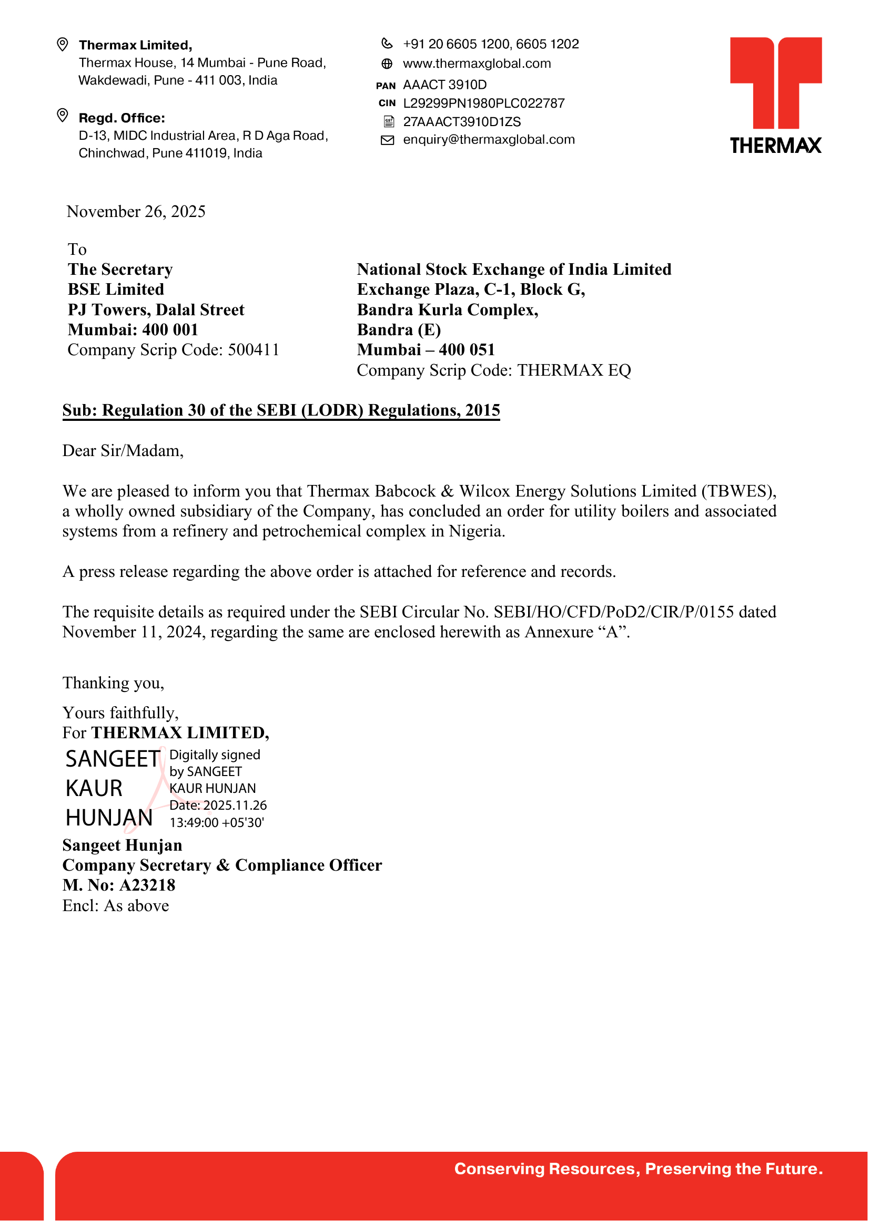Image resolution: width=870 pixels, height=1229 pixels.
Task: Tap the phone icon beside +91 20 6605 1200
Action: [x=387, y=44]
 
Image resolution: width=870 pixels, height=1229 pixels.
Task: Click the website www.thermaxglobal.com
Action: [x=476, y=64]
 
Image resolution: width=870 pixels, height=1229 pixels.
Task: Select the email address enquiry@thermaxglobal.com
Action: [x=489, y=140]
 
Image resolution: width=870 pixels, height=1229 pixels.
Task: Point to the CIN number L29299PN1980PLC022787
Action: [x=484, y=104]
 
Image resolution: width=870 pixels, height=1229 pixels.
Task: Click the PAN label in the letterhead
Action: [x=386, y=86]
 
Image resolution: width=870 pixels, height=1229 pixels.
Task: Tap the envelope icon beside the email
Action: [x=387, y=140]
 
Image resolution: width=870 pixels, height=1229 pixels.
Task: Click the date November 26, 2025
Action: [x=136, y=212]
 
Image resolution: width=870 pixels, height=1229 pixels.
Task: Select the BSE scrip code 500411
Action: [x=254, y=350]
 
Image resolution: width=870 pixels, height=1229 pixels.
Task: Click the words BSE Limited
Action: [x=116, y=290]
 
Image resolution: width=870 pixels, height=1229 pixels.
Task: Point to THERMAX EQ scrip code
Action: [x=574, y=370]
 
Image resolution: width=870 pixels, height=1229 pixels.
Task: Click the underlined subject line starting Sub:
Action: [x=281, y=410]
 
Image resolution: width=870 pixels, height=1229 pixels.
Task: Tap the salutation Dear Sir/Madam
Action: [x=123, y=451]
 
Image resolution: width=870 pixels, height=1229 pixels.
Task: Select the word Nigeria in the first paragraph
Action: [x=476, y=532]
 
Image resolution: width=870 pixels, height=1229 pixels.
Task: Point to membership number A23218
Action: [x=147, y=885]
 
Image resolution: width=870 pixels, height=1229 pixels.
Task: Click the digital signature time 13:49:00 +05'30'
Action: [x=217, y=823]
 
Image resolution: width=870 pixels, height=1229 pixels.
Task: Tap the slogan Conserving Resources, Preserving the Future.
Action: [x=638, y=1169]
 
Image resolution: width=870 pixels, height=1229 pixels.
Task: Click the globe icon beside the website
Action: [x=387, y=64]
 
